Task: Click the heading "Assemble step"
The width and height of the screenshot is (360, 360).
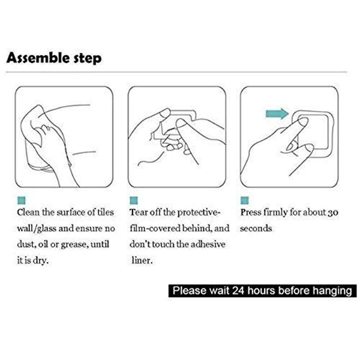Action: pos(53,58)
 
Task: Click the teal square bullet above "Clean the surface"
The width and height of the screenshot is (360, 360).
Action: pos(21,200)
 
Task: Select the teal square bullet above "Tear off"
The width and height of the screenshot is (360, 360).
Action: pos(133,200)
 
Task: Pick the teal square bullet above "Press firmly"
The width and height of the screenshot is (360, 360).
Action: pos(245,200)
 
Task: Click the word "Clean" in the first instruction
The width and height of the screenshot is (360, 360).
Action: pos(28,213)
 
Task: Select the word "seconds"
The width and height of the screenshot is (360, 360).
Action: pos(256,229)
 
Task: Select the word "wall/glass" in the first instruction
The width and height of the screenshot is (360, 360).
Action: pos(37,229)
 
